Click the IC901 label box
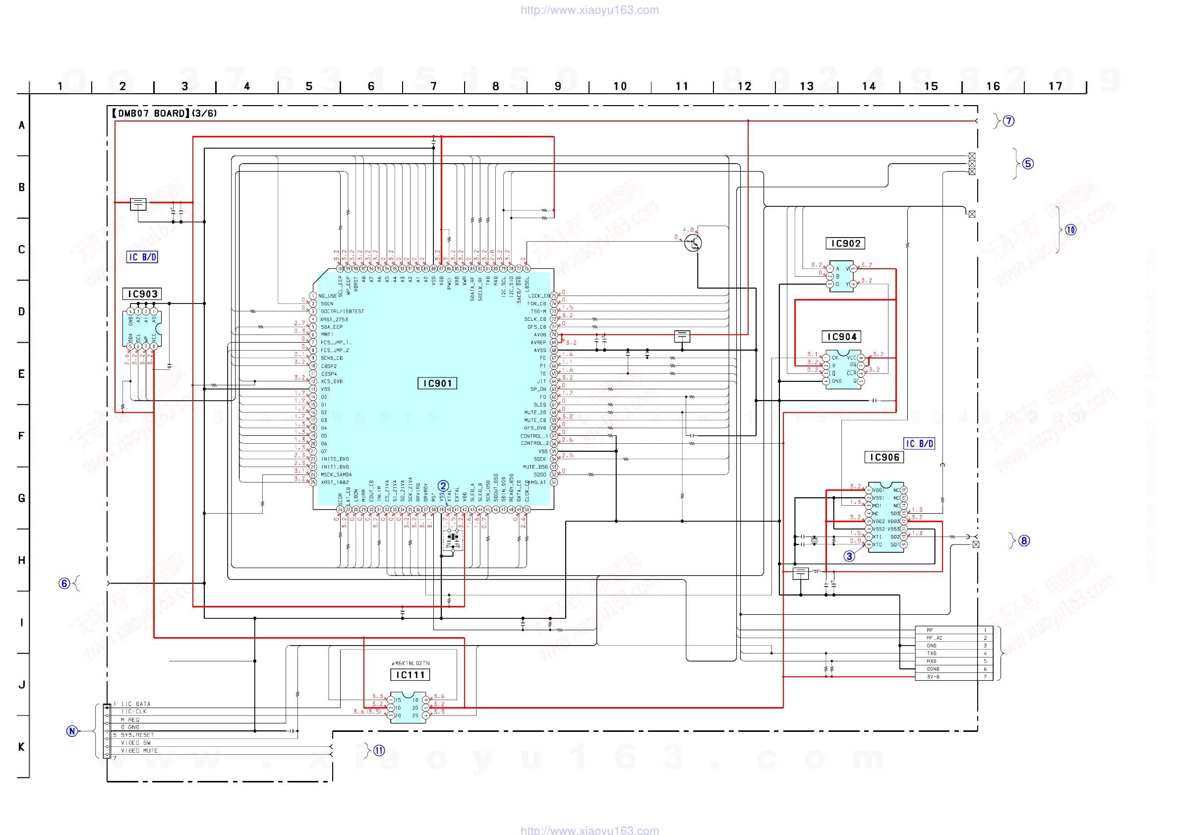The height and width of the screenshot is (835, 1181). [437, 383]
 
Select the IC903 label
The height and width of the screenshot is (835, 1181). [142, 294]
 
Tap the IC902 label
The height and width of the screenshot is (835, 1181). [845, 243]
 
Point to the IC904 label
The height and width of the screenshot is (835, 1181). [841, 337]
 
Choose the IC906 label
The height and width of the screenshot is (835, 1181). [884, 457]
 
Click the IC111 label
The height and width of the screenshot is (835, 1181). [410, 674]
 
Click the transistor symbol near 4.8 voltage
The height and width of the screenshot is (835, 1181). [692, 243]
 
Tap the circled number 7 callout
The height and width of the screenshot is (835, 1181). [1008, 121]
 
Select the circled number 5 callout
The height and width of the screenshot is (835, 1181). [1028, 164]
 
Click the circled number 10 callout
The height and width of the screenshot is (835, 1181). [1070, 230]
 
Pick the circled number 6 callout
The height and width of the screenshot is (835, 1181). [64, 584]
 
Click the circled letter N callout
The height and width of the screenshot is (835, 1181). [72, 731]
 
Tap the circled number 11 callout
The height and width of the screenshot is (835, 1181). [379, 751]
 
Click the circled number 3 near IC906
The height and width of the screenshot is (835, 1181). [849, 556]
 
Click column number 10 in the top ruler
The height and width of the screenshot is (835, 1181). [620, 86]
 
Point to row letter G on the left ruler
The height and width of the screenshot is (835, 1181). [22, 498]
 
